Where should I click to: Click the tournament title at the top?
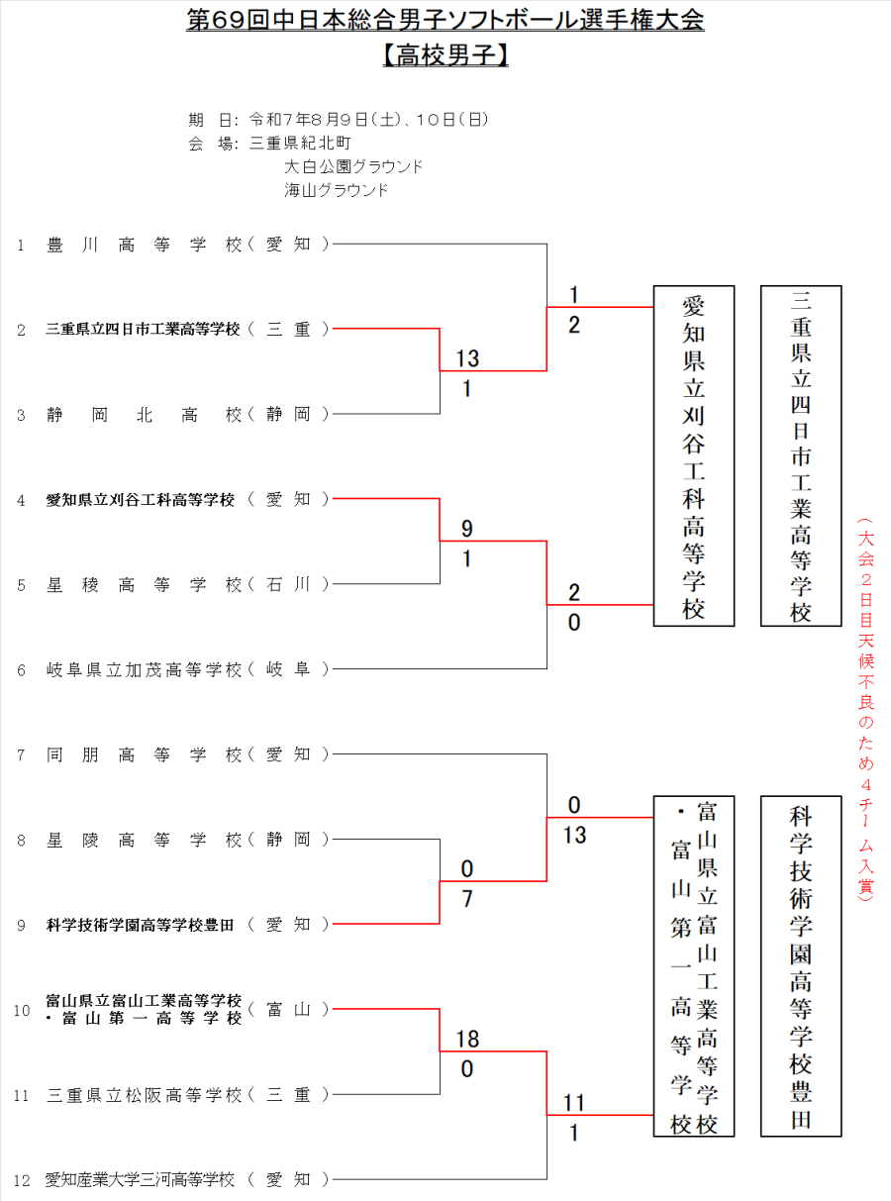[x=445, y=22]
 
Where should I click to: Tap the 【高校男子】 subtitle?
[x=445, y=56]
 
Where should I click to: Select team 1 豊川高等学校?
[x=145, y=244]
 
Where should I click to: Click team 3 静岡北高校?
[x=145, y=414]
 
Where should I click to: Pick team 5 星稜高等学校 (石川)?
[x=145, y=584]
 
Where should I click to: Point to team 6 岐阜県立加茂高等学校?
[x=145, y=669]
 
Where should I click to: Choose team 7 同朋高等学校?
[x=145, y=754]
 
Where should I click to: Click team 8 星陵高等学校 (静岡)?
[x=145, y=840]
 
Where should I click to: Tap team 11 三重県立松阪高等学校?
[x=145, y=1095]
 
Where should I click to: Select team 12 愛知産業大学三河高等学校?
[x=141, y=1179]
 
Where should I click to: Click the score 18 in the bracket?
[x=467, y=1039]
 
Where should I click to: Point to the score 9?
[x=467, y=529]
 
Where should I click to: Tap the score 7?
[x=467, y=900]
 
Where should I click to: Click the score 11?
[x=574, y=1103]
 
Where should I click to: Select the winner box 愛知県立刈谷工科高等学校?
[x=693, y=456]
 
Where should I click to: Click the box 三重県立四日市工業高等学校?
[x=801, y=456]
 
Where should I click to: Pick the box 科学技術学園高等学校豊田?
[x=801, y=965]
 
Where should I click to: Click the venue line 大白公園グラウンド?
[x=353, y=166]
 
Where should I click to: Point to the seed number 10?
[x=22, y=1010]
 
